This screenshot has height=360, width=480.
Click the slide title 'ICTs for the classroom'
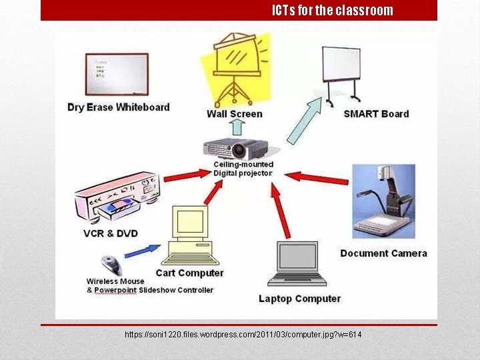pyautogui.click(x=332, y=11)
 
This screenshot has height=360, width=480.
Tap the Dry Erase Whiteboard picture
pyautogui.click(x=117, y=74)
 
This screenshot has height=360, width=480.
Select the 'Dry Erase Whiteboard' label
pyautogui.click(x=119, y=107)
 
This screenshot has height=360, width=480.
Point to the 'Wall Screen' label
pyautogui.click(x=235, y=114)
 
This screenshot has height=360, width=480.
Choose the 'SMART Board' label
pyautogui.click(x=376, y=114)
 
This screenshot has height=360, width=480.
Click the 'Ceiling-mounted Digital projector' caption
pyautogui.click(x=243, y=169)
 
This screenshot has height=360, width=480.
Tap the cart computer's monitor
pyautogui.click(x=191, y=223)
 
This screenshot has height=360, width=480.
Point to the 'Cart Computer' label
pyautogui.click(x=190, y=273)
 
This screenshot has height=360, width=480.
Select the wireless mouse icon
pyautogui.click(x=111, y=265)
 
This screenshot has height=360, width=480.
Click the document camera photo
pyautogui.click(x=383, y=201)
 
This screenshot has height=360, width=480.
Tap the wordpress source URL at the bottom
pyautogui.click(x=243, y=334)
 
